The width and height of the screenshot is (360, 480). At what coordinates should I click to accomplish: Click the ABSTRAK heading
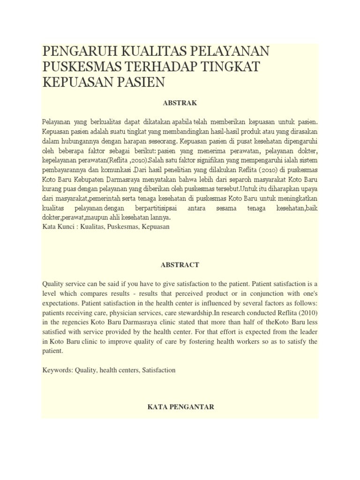[x=180, y=103]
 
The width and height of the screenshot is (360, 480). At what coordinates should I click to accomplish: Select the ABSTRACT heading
[x=180, y=265]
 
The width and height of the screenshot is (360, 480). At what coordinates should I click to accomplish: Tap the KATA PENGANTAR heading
[x=180, y=407]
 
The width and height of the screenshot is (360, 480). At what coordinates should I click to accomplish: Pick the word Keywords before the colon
[x=57, y=370]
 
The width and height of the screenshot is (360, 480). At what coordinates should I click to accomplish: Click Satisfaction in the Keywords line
[x=157, y=370]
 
